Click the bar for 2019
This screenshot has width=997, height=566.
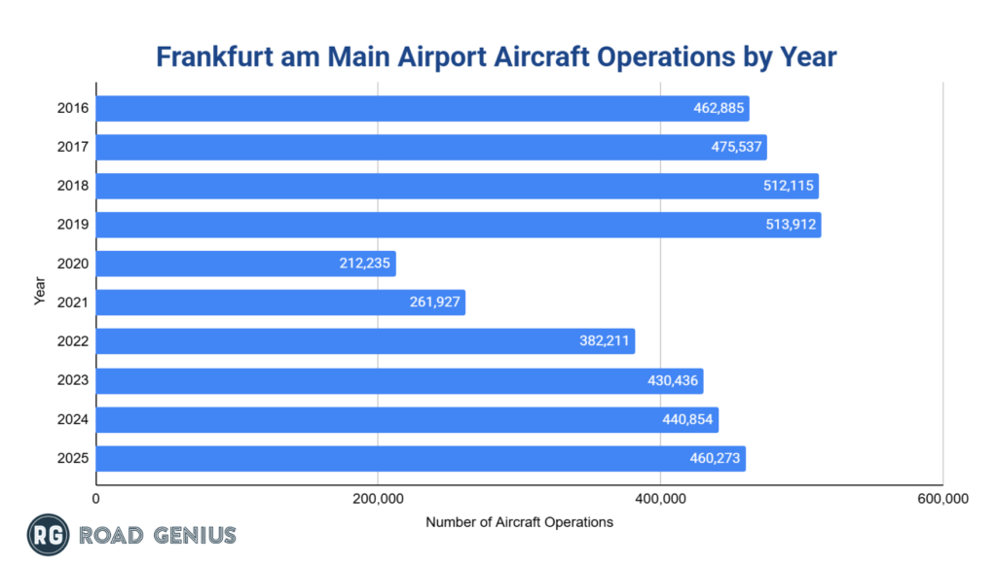click(x=458, y=225)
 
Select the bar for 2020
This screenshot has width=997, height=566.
click(x=245, y=264)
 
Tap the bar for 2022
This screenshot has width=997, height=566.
click(x=365, y=341)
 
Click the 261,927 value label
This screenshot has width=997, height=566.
click(x=435, y=302)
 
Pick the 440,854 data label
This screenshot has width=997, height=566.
click(x=688, y=419)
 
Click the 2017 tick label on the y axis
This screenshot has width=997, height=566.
click(x=73, y=147)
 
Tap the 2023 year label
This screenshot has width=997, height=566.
click(x=73, y=380)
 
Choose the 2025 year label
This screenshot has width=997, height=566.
click(x=73, y=458)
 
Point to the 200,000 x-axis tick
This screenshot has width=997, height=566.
click(x=378, y=499)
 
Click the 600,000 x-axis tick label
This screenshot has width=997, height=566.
click(x=942, y=499)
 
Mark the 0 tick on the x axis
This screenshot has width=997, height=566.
click(x=96, y=499)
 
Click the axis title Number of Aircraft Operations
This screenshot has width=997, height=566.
click(x=519, y=522)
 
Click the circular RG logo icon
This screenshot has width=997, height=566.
click(x=46, y=535)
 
